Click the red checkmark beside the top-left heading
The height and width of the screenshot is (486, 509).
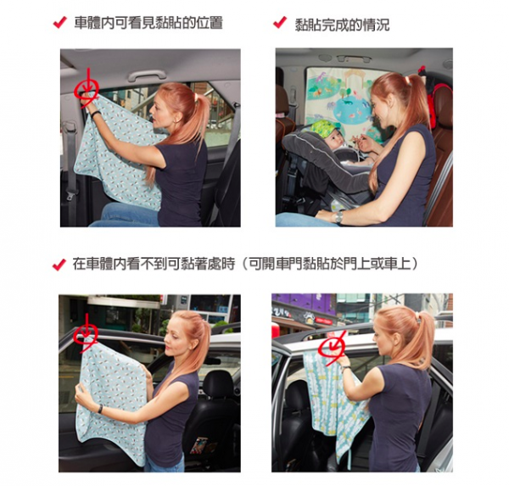click(59, 23)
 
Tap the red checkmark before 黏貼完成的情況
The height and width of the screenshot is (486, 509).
click(280, 23)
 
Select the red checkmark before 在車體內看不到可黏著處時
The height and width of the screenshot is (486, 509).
click(59, 264)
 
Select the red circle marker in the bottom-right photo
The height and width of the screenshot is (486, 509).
click(332, 346)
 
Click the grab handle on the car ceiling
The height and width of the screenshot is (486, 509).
click(147, 75)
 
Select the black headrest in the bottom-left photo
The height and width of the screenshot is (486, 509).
click(219, 386)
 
